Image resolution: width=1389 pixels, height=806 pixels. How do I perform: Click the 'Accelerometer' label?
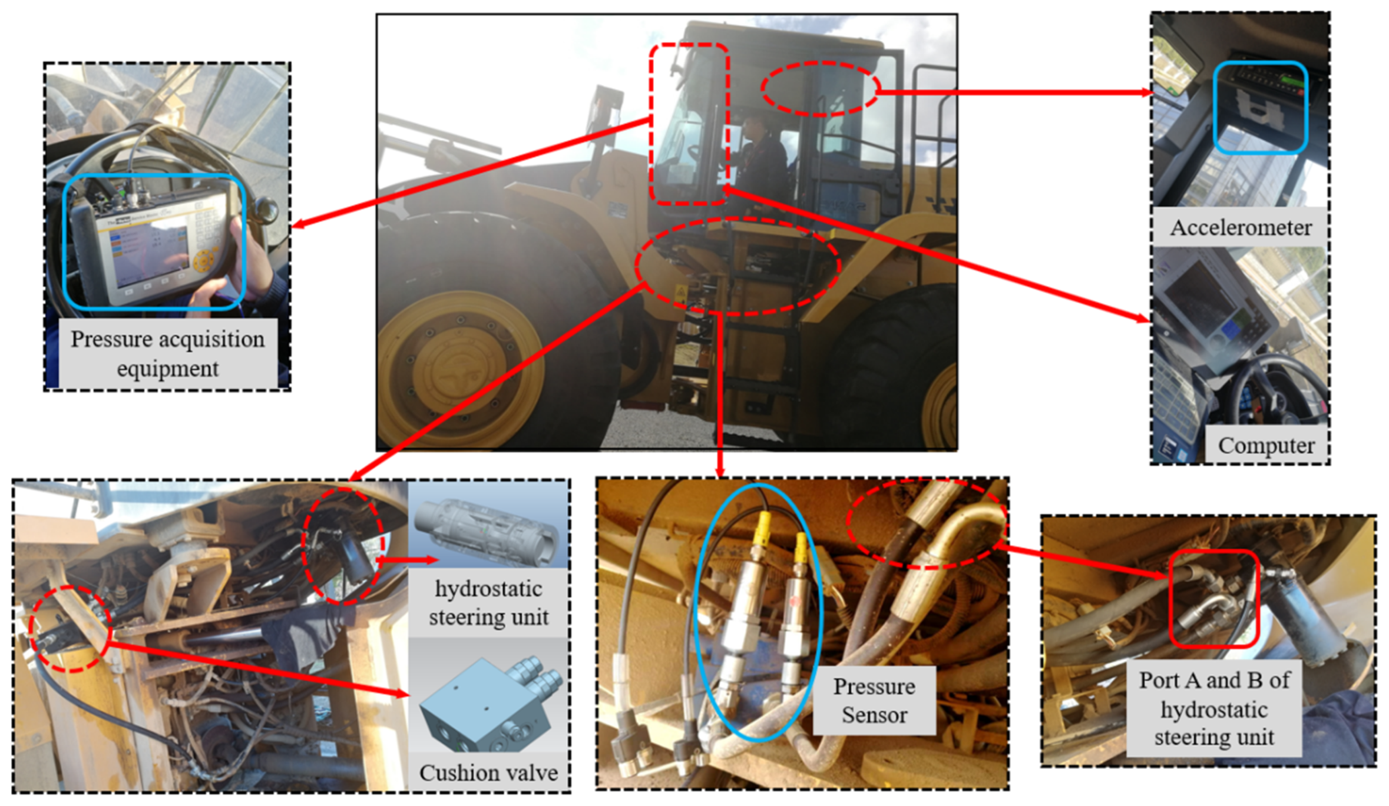[1241, 227]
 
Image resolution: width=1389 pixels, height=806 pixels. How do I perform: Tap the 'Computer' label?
[1266, 446]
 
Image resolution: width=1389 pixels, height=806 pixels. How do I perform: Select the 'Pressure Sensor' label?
[874, 700]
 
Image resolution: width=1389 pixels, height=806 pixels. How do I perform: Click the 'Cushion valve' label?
[488, 772]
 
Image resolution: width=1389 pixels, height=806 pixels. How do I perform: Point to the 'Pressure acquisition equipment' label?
[167, 353]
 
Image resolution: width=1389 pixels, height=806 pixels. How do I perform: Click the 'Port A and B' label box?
[1214, 708]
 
